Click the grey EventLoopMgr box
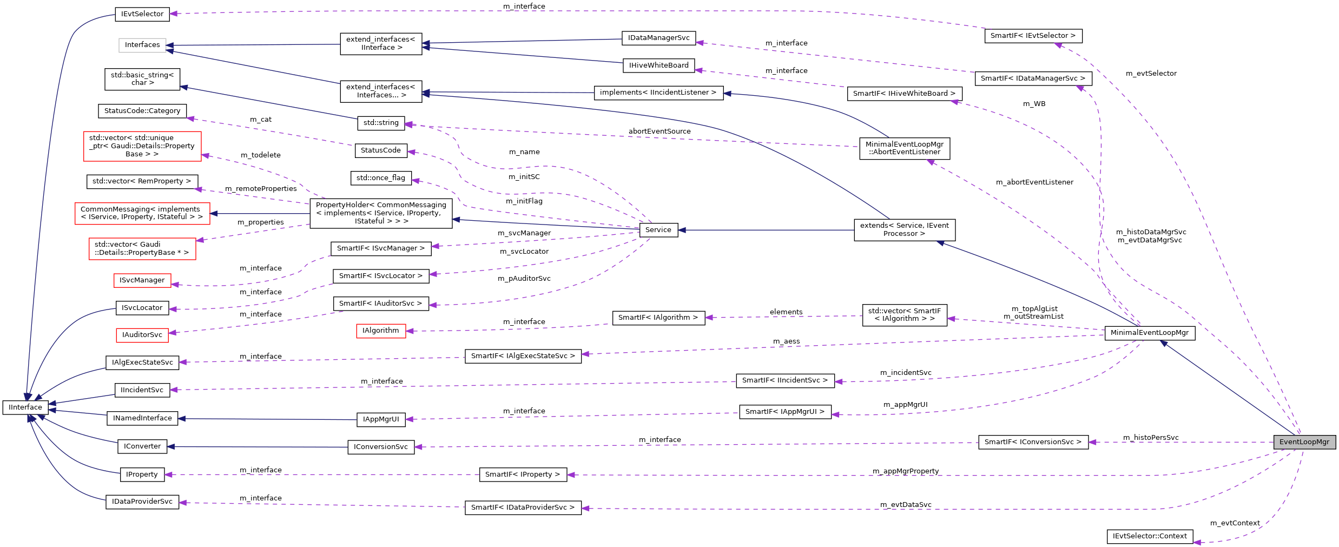(1304, 442)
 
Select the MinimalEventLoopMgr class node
(1149, 333)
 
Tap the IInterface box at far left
(25, 407)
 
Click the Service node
(658, 230)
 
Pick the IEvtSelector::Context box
(1149, 536)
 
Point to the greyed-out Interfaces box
(142, 45)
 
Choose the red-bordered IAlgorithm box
(380, 331)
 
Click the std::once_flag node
(380, 178)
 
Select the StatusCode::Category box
(142, 111)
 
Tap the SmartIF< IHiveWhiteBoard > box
(904, 94)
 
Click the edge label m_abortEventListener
(1034, 182)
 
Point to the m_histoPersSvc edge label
(1150, 438)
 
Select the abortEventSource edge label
(659, 131)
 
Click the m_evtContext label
(1235, 523)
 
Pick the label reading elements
(786, 312)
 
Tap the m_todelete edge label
(260, 155)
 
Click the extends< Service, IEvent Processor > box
(904, 230)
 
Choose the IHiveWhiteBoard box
(658, 65)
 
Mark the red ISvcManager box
(142, 280)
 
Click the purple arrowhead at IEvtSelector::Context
(1197, 542)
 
